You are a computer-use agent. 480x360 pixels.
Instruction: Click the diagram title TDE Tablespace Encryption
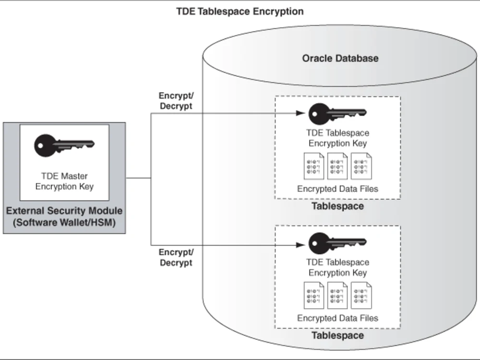coord(240,12)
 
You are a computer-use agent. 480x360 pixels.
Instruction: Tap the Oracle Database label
coord(340,58)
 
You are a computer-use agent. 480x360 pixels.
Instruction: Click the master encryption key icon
coord(64,145)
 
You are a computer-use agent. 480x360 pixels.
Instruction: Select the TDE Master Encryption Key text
coord(64,181)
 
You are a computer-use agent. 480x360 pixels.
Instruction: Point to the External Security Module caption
coord(64,216)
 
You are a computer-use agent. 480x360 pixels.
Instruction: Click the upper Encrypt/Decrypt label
coord(176,101)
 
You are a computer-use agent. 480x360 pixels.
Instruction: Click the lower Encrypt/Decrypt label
coord(176,257)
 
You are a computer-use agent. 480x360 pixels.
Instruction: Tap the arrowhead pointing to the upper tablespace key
coord(300,113)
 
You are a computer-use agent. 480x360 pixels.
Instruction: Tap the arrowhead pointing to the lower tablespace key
coord(300,245)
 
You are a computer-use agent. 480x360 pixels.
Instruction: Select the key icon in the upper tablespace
coord(337,114)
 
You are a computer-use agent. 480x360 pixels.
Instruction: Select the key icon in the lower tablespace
coord(337,243)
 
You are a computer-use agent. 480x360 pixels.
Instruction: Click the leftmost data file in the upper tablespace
coord(314,166)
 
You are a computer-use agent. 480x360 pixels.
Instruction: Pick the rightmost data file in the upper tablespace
coord(361,166)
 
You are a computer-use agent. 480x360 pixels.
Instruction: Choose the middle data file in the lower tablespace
coord(337,295)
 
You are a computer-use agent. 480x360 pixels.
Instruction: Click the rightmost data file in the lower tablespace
coord(361,295)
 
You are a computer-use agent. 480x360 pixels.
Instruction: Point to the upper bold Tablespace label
coord(337,206)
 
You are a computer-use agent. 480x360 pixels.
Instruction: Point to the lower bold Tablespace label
coord(337,335)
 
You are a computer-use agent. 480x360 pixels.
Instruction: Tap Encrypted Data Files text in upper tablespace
coord(337,189)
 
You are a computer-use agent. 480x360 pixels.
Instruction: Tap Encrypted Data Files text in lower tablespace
coord(337,318)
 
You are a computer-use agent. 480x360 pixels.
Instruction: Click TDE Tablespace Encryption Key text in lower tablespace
coord(337,267)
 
